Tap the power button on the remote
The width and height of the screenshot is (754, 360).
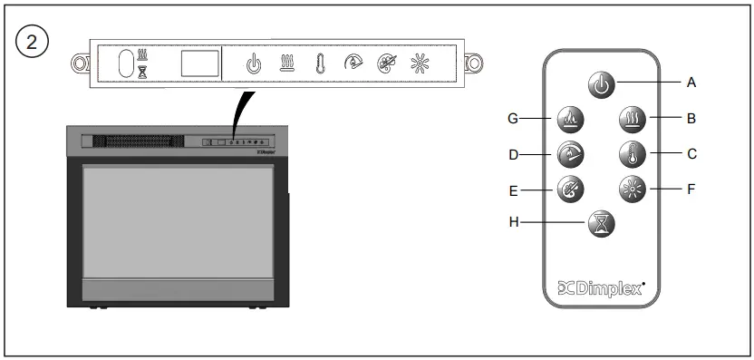[602, 84]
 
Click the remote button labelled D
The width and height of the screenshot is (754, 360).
[571, 154]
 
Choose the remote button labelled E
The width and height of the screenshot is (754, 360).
[571, 190]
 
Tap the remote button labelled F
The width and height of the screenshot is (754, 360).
[633, 190]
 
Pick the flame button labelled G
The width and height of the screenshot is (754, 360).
[571, 118]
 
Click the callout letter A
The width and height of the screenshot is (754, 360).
[691, 82]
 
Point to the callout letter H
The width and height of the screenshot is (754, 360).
[514, 220]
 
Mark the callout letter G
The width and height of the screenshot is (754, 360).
[514, 117]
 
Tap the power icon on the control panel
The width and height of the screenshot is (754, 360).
[255, 64]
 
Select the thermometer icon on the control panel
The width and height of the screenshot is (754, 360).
[320, 64]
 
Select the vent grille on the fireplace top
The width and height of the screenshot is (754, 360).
[135, 142]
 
